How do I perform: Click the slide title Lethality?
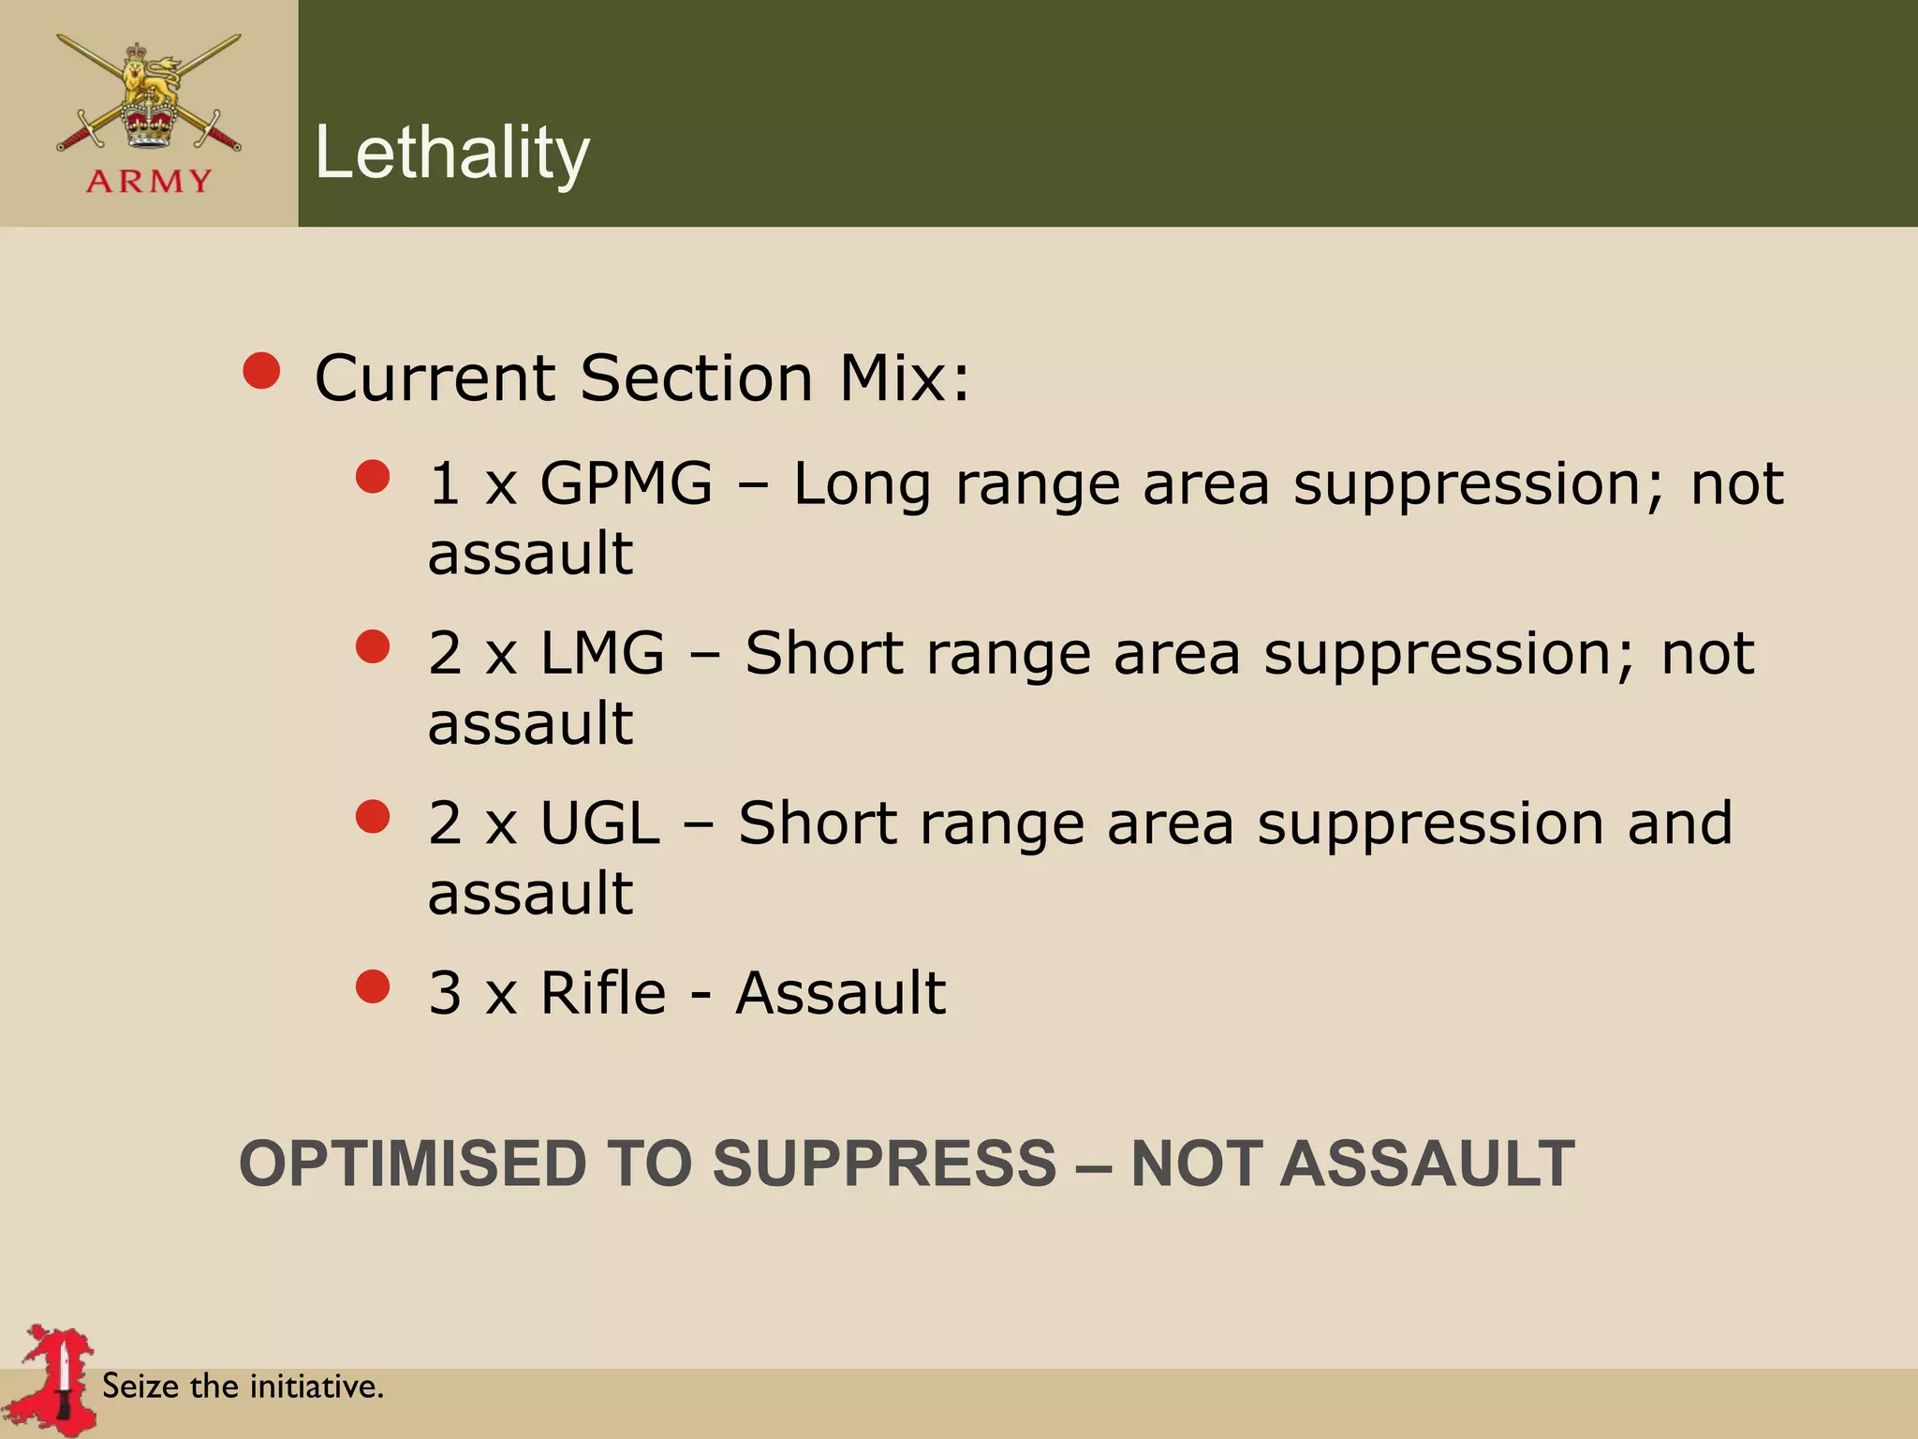(452, 153)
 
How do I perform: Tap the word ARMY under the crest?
(149, 181)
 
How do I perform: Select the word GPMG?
(627, 484)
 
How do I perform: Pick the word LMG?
(603, 653)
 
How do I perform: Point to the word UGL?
(600, 823)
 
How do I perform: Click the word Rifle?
(604, 993)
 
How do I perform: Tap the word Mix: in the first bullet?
(905, 378)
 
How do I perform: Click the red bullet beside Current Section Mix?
(262, 371)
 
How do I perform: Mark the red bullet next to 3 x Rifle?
(373, 987)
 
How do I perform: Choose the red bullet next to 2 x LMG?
(373, 646)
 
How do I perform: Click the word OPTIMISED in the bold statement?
(413, 1164)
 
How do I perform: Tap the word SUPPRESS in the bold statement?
(884, 1164)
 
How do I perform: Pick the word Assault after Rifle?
(841, 993)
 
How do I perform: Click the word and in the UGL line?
(1679, 823)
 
